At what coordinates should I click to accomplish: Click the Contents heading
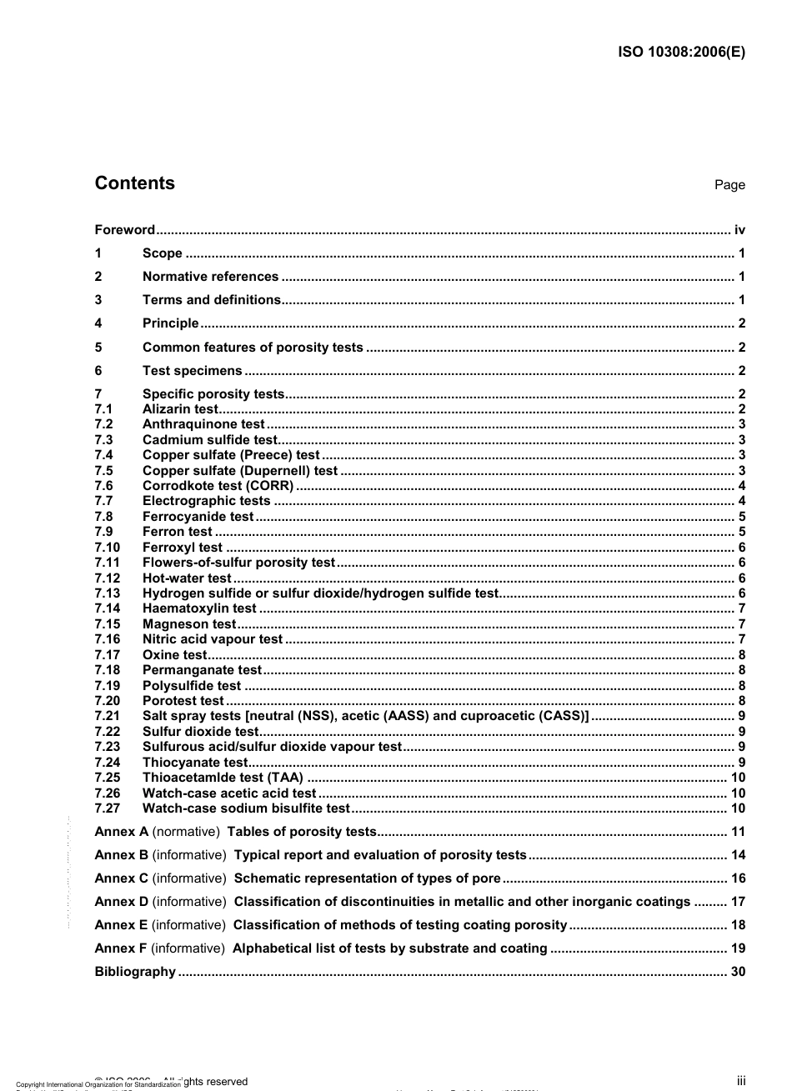[134, 183]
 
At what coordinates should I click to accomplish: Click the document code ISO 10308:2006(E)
[681, 51]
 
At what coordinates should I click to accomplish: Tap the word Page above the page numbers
[729, 185]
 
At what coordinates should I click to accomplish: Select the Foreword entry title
[125, 230]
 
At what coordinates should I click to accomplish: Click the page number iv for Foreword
[739, 230]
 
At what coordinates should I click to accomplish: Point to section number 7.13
[107, 593]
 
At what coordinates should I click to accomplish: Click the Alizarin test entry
[179, 409]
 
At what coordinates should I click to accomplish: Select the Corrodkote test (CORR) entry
[218, 486]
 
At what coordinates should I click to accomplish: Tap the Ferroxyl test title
[183, 548]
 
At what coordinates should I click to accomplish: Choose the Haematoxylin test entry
[199, 608]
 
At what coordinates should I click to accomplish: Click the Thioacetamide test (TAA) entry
[223, 778]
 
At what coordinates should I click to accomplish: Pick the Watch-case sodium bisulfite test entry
[246, 808]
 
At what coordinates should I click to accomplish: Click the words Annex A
[122, 832]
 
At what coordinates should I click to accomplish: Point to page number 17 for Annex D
[738, 902]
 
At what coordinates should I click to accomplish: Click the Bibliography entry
[135, 972]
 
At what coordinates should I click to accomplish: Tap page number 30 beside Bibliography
[738, 972]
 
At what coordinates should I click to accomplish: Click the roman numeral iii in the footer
[740, 1081]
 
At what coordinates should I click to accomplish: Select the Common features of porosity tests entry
[253, 348]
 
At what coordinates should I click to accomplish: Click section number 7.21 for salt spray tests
[107, 716]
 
